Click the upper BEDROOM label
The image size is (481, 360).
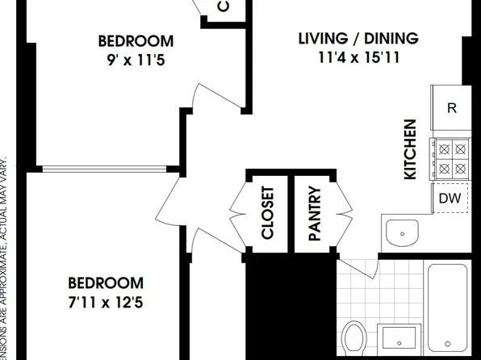click(x=135, y=41)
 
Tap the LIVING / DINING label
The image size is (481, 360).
click(x=358, y=38)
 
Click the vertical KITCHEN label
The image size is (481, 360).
click(x=410, y=149)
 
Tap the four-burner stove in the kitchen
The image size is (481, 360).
click(x=452, y=158)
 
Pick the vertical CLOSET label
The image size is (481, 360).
click(x=268, y=213)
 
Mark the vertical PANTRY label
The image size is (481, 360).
click(x=315, y=213)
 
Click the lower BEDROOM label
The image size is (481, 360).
click(x=105, y=283)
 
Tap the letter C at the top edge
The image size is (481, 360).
click(x=224, y=6)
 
